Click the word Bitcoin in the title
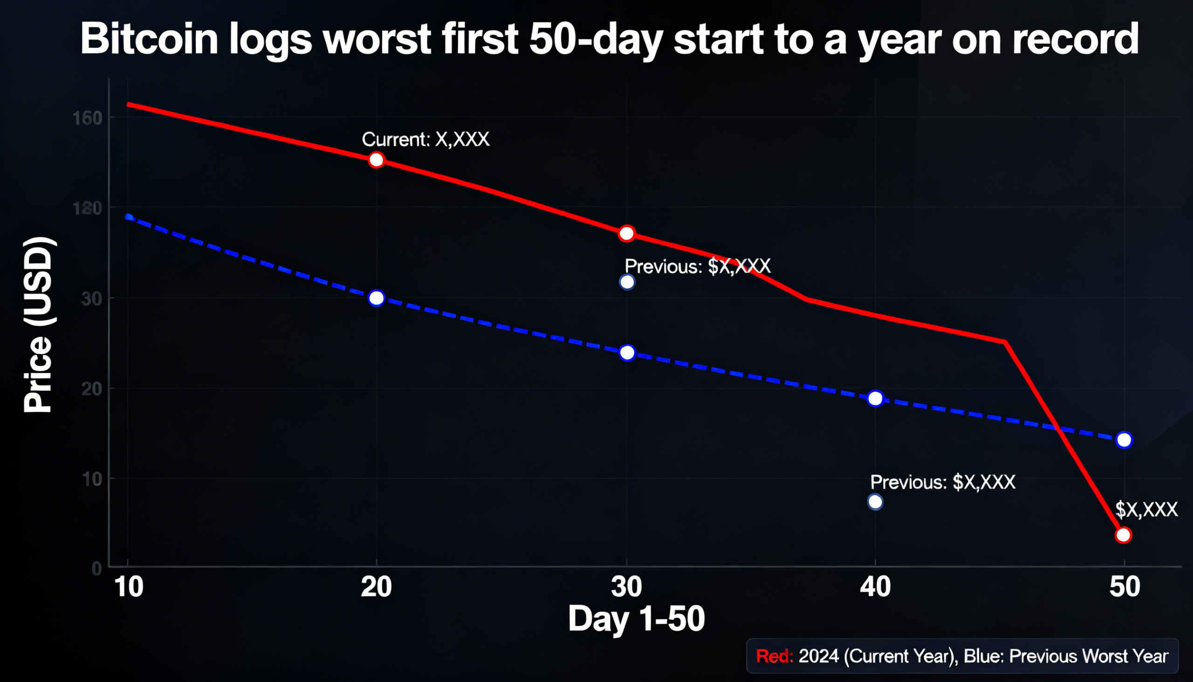(149, 39)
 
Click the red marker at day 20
(376, 160)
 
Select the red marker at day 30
(626, 233)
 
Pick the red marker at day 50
(1123, 535)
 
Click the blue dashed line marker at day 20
(376, 298)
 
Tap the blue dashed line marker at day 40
(875, 399)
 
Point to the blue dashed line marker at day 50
(1124, 440)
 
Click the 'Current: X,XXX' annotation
(425, 139)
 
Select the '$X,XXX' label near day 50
(1146, 510)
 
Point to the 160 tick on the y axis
(88, 118)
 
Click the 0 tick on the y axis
(96, 569)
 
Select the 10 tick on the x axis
(128, 587)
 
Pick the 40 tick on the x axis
(875, 587)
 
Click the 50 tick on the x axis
(1124, 587)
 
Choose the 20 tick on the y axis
(91, 389)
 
